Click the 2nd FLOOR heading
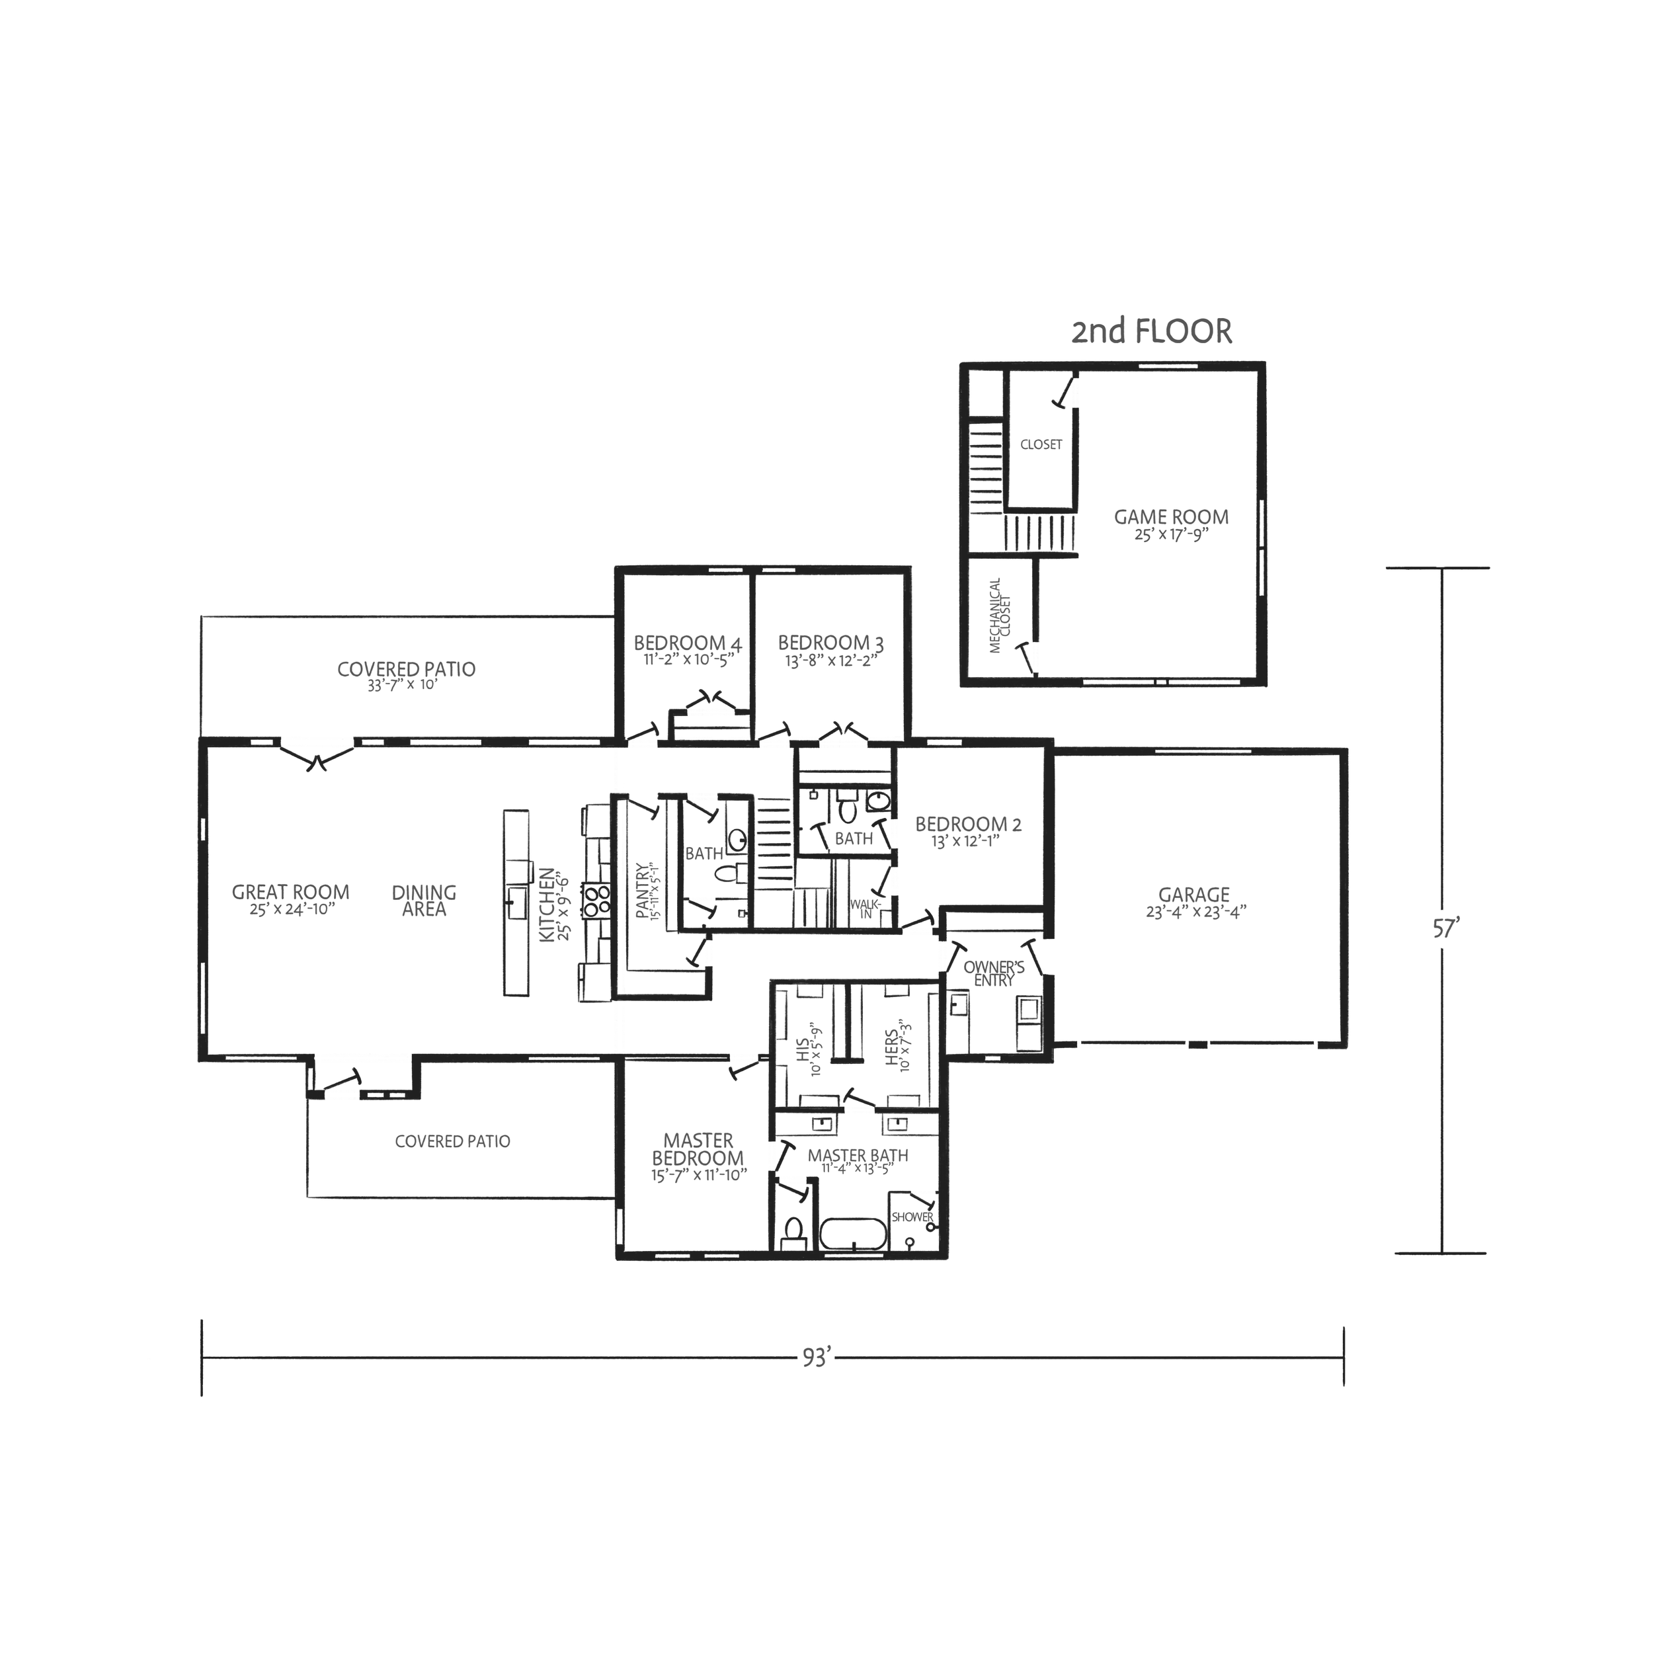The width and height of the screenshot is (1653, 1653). (x=1152, y=331)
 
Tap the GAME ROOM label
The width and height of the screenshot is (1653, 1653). (x=1170, y=518)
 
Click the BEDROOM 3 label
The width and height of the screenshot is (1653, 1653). (x=830, y=643)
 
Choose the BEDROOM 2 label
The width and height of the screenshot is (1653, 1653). (x=969, y=825)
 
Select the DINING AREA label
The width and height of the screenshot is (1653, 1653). (x=424, y=900)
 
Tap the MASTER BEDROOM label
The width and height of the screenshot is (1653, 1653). (x=698, y=1150)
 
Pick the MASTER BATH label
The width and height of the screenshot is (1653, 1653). (x=858, y=1156)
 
